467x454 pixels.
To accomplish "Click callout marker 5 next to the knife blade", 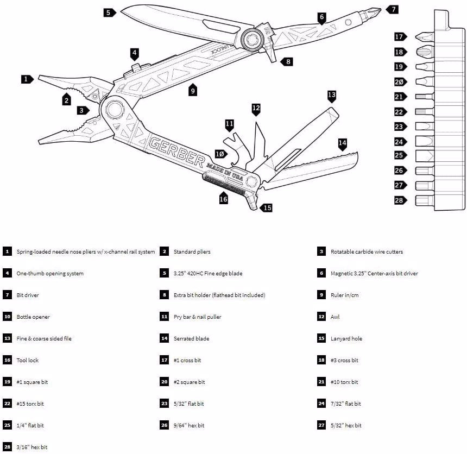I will coord(109,12).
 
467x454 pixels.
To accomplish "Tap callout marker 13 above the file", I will coord(332,96).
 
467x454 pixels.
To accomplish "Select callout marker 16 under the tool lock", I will coord(223,199).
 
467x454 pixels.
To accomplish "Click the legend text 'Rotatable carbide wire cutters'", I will coord(367,252).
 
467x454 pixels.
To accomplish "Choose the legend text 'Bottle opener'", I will coord(34,317).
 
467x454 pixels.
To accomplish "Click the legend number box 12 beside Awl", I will coord(321,317).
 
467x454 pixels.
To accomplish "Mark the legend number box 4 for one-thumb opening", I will coord(7,274).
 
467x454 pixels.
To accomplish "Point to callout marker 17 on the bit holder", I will coord(400,37).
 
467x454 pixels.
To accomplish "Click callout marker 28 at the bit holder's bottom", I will coord(400,200).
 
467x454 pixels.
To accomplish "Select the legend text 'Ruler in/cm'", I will coord(344,295).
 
